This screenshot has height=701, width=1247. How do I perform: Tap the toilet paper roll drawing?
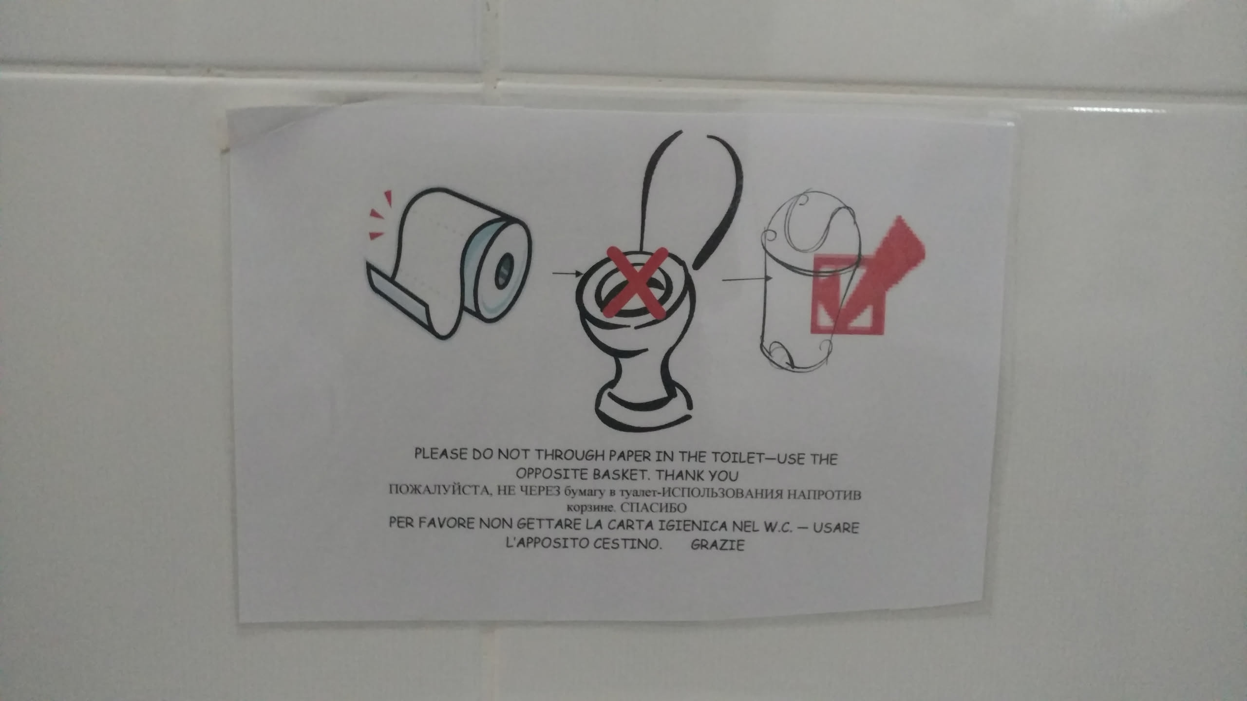pyautogui.click(x=448, y=263)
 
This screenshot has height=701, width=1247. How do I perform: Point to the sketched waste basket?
pyautogui.click(x=809, y=287)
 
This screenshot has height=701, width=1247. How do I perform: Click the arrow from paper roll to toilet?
pyautogui.click(x=567, y=274)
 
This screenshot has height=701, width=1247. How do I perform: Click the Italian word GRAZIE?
pyautogui.click(x=718, y=544)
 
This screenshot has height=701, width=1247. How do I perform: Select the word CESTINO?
pyautogui.click(x=627, y=543)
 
